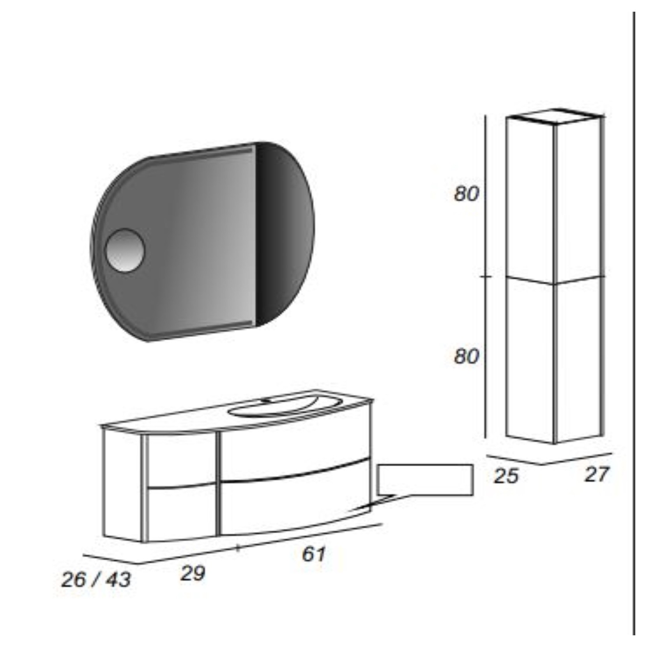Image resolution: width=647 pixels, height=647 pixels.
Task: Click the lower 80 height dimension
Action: click(466, 356)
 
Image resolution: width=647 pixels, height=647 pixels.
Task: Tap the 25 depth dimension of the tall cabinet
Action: click(506, 476)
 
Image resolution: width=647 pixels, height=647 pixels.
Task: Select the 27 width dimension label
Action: click(596, 474)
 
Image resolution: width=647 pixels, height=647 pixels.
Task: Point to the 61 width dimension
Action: click(313, 554)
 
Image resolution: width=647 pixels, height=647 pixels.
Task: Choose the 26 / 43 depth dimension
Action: click(96, 580)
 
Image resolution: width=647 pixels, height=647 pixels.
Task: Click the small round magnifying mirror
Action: click(125, 250)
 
